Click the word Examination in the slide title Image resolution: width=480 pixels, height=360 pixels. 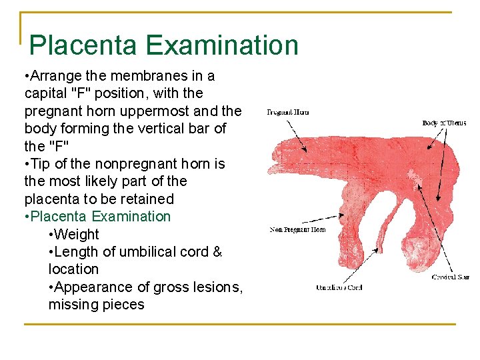point(221,45)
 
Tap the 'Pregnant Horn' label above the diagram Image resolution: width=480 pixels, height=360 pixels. point(287,112)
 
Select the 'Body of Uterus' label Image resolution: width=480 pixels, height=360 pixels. point(444,123)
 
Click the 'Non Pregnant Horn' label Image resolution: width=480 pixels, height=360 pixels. point(297,230)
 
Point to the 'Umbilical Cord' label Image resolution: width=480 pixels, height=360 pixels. point(339,287)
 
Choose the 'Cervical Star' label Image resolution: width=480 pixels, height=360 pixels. point(449,276)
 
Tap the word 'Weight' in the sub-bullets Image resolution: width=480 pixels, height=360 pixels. point(77,235)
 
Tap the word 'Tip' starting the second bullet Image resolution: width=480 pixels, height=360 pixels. point(41,164)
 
